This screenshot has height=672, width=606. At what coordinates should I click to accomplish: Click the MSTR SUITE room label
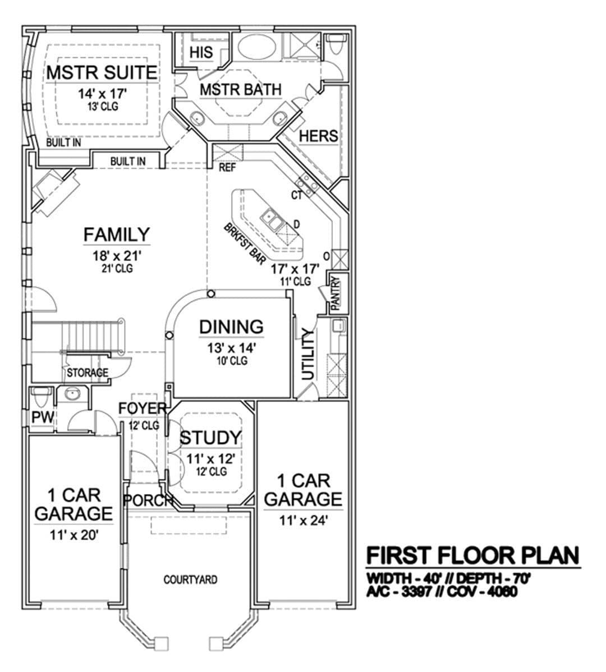[x=102, y=72]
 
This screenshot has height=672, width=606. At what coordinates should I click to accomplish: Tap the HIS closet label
[x=201, y=52]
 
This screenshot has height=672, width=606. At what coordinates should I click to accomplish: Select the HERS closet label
[x=318, y=136]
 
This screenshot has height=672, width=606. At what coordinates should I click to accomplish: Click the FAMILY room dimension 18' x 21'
[x=117, y=256]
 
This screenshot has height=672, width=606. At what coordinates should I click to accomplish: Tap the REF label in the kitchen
[x=227, y=167]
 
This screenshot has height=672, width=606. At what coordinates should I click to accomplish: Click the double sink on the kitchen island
[x=272, y=219]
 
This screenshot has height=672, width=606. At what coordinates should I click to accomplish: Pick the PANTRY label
[x=336, y=293]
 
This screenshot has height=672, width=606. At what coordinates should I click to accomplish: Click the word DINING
[x=231, y=327]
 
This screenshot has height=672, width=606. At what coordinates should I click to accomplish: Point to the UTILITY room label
[x=308, y=354]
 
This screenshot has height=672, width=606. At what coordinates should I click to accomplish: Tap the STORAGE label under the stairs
[x=88, y=373]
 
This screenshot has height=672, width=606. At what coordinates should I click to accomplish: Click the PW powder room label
[x=43, y=417]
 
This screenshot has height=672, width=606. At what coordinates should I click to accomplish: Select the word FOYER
[x=143, y=408]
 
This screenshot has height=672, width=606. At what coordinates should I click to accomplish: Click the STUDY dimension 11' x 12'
[x=210, y=459]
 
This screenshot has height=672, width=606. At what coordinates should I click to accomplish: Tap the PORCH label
[x=148, y=500]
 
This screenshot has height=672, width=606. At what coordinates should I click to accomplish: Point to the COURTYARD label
[x=190, y=579]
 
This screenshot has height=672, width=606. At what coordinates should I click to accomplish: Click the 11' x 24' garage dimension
[x=304, y=521]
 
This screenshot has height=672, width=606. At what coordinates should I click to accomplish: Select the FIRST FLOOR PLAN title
[x=473, y=555]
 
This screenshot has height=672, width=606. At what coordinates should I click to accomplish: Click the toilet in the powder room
[x=42, y=397]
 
